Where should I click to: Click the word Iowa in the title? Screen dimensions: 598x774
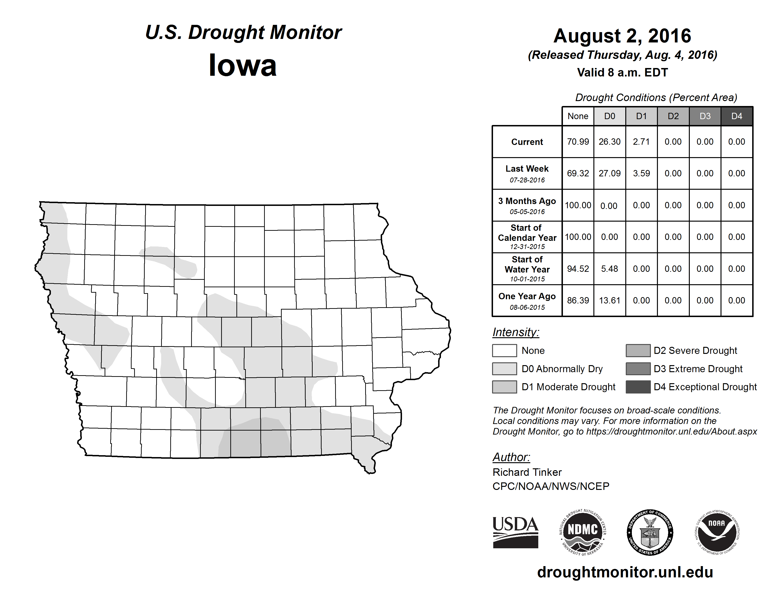coord(243,65)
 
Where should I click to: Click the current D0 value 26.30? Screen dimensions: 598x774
coord(610,142)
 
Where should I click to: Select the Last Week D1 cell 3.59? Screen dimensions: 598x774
coord(641,173)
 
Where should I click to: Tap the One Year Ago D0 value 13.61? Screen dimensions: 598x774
coord(610,300)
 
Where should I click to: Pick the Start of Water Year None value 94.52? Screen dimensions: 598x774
coord(578,269)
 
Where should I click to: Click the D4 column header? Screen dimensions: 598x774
coord(736,116)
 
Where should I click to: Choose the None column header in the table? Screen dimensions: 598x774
coord(578,116)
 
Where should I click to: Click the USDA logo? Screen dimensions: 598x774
coord(515,532)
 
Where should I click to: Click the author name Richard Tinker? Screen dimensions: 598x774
coord(527,472)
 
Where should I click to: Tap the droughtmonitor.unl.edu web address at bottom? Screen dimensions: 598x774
coord(625,572)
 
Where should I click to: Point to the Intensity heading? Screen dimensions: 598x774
coord(516,332)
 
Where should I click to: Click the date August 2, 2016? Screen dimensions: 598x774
coord(622,36)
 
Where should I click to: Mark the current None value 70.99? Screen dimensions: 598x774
coord(578,142)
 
